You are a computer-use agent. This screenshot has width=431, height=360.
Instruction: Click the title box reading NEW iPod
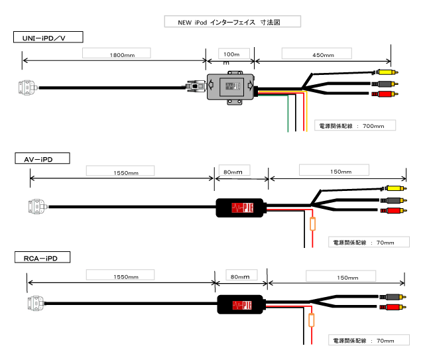click(233, 21)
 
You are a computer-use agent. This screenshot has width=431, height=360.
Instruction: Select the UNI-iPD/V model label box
click(48, 37)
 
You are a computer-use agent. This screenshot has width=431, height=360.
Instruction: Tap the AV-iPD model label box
click(42, 158)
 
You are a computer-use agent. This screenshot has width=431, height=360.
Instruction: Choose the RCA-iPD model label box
click(42, 257)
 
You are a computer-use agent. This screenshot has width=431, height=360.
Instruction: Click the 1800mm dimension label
click(117, 53)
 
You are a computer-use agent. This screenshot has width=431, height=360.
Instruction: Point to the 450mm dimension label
click(317, 54)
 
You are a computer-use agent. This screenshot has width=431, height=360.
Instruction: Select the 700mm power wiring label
click(355, 125)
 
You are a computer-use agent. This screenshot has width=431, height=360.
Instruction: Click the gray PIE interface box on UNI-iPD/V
click(231, 87)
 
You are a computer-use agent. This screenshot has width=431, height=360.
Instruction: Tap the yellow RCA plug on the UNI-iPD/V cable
click(387, 72)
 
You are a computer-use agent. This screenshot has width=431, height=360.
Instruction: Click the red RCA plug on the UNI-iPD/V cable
click(385, 94)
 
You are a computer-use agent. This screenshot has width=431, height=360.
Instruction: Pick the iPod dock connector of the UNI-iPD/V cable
click(27, 88)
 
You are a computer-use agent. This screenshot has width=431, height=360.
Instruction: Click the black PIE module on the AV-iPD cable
click(239, 208)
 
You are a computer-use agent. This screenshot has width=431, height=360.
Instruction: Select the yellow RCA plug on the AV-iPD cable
click(396, 188)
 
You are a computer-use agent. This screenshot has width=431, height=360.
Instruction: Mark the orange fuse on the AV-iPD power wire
click(312, 224)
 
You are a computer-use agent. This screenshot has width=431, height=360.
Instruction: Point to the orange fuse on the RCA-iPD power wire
click(312, 320)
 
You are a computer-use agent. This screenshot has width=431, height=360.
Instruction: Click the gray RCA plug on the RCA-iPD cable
click(393, 297)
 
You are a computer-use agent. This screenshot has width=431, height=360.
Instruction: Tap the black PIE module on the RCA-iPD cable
click(241, 304)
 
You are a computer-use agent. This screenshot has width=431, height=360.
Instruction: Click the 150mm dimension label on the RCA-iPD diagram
click(341, 276)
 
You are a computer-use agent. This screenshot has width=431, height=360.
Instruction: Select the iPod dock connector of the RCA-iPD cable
click(36, 304)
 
